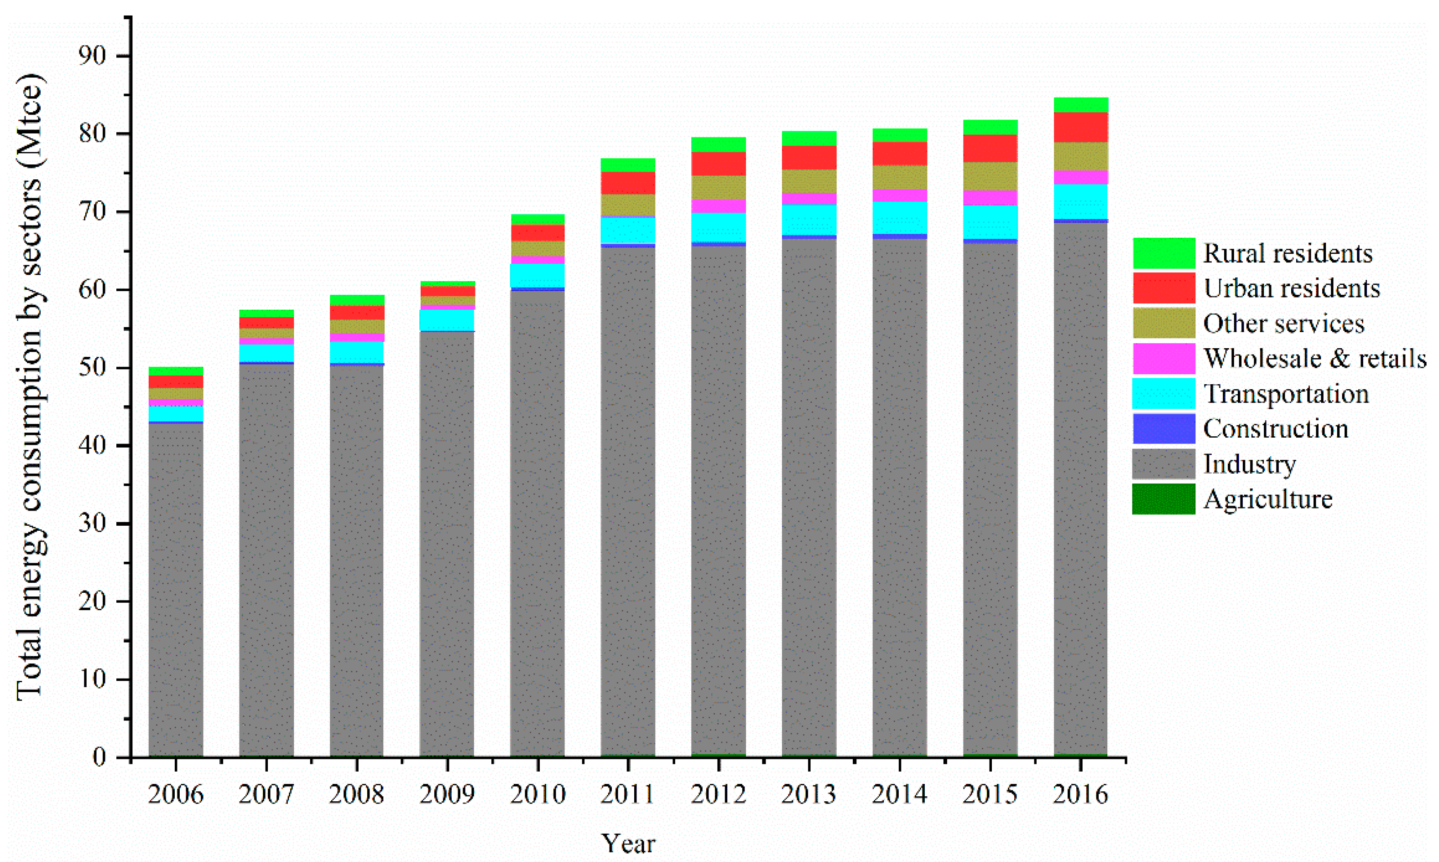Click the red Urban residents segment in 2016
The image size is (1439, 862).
tap(1081, 127)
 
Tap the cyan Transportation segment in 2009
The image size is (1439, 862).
tap(447, 320)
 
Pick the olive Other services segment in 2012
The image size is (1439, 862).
tap(718, 188)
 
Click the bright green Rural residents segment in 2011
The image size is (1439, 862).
tap(628, 165)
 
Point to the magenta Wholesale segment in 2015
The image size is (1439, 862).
tap(990, 198)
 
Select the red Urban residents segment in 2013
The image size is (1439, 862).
tap(809, 157)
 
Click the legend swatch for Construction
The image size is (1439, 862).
tap(1164, 428)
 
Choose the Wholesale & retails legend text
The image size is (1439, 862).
tap(1315, 358)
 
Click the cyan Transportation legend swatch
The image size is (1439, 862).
tap(1164, 393)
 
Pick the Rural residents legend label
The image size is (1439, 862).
tap(1288, 253)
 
